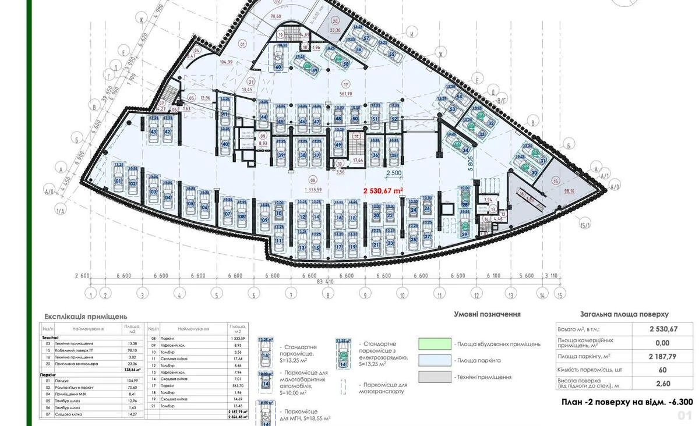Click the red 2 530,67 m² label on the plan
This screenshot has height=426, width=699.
(383, 190)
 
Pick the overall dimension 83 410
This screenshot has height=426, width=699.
(326, 283)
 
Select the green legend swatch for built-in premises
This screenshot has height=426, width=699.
(435, 344)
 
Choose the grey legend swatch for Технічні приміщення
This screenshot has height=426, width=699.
(435, 377)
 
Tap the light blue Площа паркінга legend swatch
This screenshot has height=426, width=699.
(435, 361)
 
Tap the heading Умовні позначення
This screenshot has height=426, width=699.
(487, 314)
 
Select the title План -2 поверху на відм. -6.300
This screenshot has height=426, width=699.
(627, 402)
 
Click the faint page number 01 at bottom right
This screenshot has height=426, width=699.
(684, 416)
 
